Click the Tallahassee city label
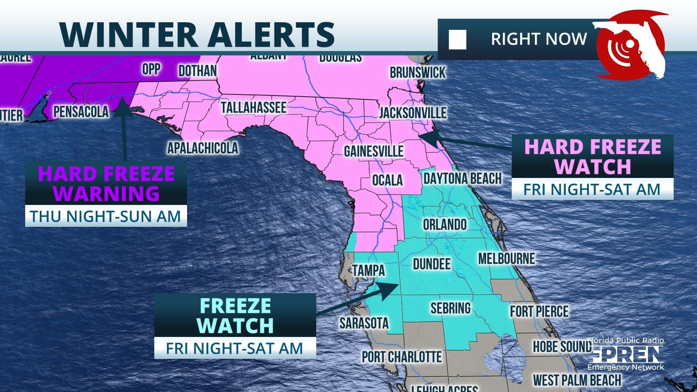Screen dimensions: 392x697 [253, 108]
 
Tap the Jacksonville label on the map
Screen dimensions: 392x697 [413, 113]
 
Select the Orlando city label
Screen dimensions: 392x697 [445, 224]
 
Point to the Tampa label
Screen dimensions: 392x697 [368, 271]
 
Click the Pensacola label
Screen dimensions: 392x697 [81, 112]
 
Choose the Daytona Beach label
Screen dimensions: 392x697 [462, 179]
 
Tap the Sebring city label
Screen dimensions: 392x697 [450, 308]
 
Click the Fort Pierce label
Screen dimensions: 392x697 [539, 311]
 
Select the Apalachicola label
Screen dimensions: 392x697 [202, 148]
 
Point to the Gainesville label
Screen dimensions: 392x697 [373, 151]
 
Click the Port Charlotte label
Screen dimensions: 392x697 [402, 357]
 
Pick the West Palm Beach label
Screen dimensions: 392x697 [577, 380]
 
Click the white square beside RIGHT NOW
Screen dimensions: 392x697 [457, 40]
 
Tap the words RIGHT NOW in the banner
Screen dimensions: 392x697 [539, 39]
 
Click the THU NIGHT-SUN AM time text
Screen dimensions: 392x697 [106, 216]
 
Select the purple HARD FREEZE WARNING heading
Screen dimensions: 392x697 [106, 183]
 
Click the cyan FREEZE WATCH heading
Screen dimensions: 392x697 [236, 315]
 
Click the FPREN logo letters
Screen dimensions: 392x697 [625, 354]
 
